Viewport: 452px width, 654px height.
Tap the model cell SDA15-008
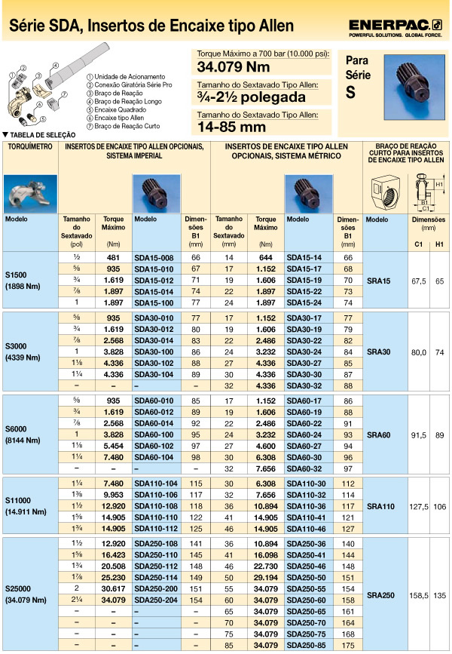click(154, 258)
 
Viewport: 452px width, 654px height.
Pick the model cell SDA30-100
click(154, 352)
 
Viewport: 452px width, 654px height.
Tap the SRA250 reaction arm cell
click(380, 595)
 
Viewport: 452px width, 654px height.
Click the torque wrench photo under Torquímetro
click(29, 195)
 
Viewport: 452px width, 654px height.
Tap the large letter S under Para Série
click(350, 94)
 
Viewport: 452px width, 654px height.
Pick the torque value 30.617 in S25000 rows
click(114, 589)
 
